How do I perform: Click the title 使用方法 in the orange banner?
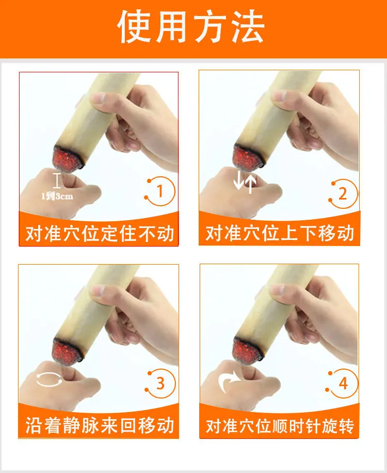coord(191,26)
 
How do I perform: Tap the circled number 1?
coord(160,191)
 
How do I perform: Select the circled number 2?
coord(343,194)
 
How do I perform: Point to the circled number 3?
coord(160,384)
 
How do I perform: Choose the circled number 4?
coord(343,384)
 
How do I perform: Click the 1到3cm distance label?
coord(57,196)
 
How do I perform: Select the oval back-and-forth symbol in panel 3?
coord(49,379)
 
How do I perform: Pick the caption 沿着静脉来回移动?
coord(100,425)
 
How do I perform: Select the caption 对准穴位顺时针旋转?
coord(280,426)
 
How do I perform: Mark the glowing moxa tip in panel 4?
coord(248,350)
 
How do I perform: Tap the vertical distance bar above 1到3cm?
coord(57,180)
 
